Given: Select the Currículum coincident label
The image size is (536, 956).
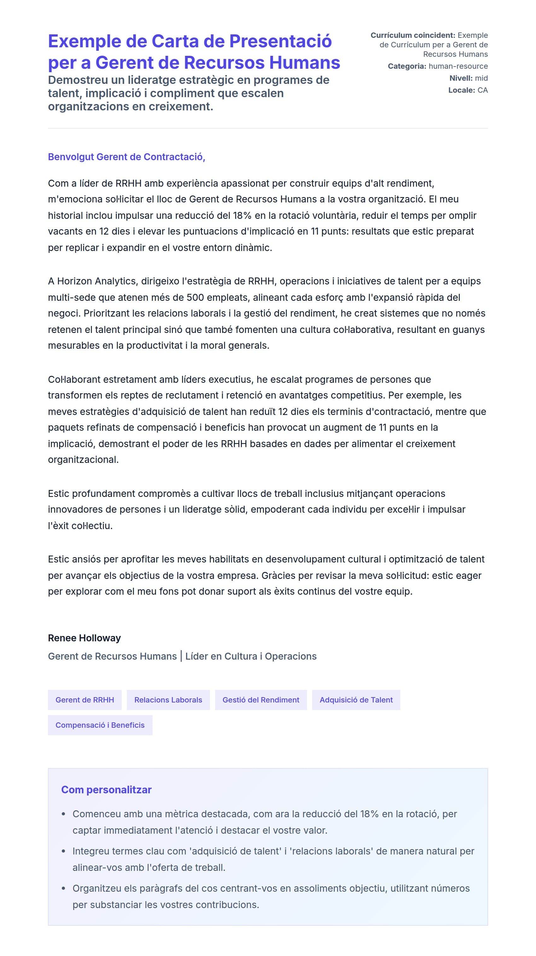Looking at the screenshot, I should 412,35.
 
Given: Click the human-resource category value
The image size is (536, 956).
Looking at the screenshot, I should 458,66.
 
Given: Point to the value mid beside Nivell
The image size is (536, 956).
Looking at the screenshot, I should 481,78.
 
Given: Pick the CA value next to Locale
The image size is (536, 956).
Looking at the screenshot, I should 482,90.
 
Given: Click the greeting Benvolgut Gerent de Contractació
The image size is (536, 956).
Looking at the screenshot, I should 126,157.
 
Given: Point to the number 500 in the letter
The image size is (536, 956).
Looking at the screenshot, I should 195,297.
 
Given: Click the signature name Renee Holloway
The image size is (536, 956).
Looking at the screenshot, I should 84,638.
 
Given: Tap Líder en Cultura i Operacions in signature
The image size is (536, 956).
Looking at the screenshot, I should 251,656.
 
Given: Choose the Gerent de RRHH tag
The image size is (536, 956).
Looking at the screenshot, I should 84,700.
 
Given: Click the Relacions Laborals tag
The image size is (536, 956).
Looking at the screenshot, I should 168,700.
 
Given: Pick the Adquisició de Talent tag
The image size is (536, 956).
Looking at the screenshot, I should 356,700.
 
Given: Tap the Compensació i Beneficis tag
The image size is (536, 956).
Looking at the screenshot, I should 100,725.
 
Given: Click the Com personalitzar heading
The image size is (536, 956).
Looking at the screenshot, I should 106,790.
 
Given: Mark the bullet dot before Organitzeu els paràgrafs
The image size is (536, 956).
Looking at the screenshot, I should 63,888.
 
